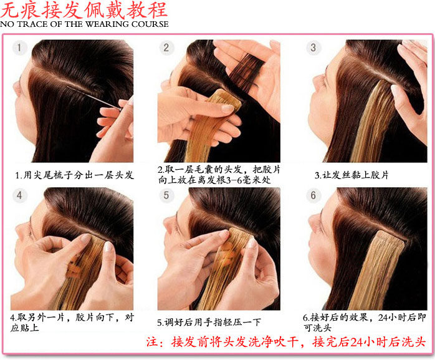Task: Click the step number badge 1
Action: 21,48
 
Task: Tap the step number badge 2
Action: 166,48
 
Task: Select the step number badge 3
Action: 313,48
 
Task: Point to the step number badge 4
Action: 21,196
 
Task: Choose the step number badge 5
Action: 166,196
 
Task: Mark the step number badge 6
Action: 313,196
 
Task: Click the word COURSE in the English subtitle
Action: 148,24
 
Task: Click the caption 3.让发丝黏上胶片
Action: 351,175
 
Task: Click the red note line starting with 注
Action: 285,343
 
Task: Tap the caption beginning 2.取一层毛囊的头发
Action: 218,174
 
